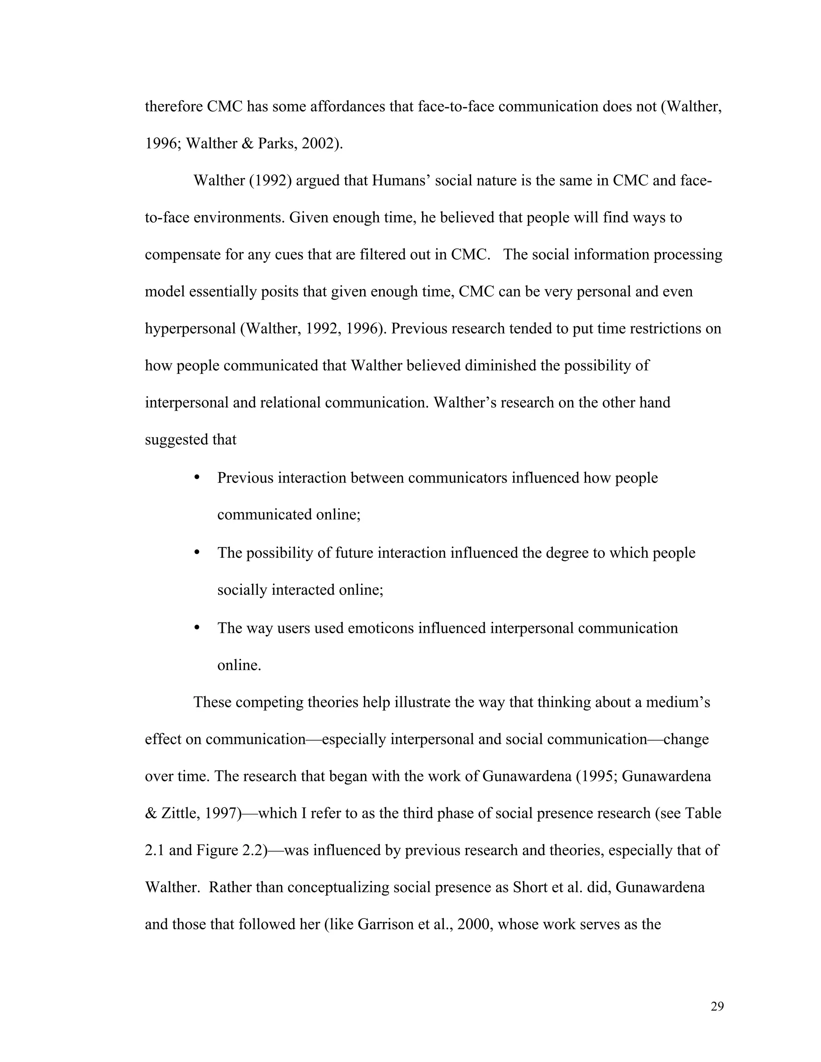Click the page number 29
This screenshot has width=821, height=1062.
pos(717,1007)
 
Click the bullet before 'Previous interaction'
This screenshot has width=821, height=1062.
pos(197,478)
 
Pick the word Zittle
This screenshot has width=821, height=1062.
pos(178,814)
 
